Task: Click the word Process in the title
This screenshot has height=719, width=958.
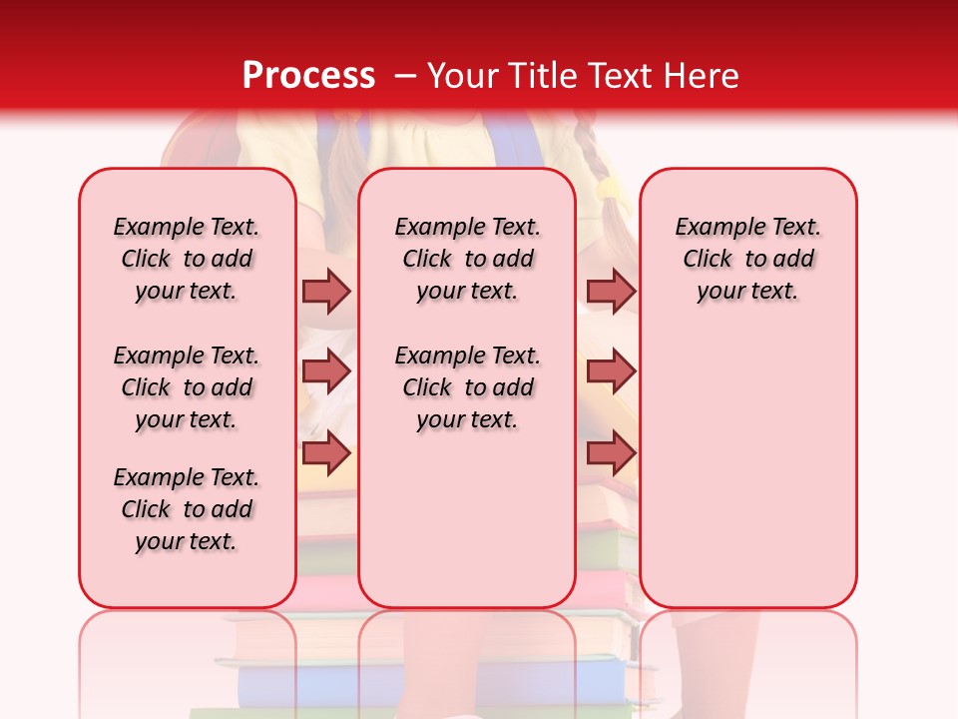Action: [308, 76]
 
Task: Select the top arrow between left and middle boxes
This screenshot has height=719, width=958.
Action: [326, 291]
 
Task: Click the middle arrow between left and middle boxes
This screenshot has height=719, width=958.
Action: [326, 371]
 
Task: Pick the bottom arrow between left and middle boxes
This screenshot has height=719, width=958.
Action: [326, 453]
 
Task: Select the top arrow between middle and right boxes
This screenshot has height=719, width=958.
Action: [611, 291]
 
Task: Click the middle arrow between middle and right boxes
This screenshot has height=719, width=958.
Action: [611, 371]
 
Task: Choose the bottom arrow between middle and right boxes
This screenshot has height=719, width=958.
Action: [611, 453]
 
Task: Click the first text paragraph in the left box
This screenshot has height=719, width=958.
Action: [187, 259]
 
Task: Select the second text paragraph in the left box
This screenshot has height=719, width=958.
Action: [187, 387]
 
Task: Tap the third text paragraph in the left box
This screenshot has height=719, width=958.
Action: [187, 509]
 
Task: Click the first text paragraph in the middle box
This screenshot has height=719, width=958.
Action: [467, 259]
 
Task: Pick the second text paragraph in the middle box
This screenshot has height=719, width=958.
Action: [467, 387]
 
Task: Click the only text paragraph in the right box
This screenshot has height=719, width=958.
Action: [747, 259]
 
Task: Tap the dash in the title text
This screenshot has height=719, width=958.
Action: [405, 76]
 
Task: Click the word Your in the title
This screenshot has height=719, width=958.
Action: [463, 76]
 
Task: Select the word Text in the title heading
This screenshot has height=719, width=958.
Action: [625, 76]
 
